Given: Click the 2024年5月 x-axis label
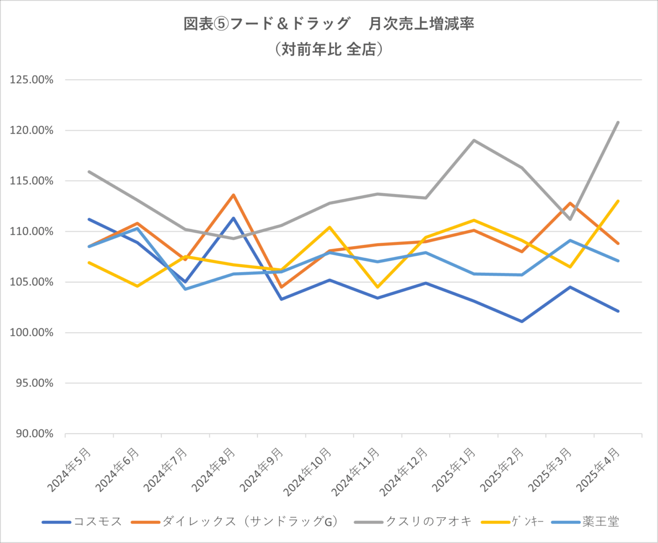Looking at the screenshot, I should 70,470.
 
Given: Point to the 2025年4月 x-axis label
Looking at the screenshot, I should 599,470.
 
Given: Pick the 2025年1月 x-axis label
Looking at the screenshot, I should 454,470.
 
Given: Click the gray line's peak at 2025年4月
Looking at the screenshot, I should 618,122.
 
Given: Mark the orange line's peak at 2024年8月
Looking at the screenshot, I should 233,195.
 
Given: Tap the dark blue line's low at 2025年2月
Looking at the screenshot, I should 522,322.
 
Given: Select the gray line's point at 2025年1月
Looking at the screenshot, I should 473,140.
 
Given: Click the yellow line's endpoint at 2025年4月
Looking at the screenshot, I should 618,201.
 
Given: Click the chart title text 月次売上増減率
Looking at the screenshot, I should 421,24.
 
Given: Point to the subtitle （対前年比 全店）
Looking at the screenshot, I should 328,49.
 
